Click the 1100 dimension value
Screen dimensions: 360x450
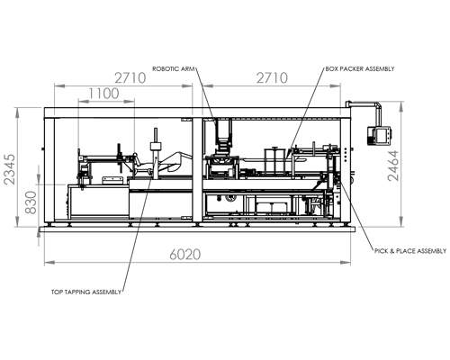(104, 93)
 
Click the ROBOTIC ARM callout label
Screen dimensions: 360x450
(172, 67)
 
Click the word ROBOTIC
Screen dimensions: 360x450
(166, 67)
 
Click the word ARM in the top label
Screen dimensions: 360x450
(185, 67)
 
